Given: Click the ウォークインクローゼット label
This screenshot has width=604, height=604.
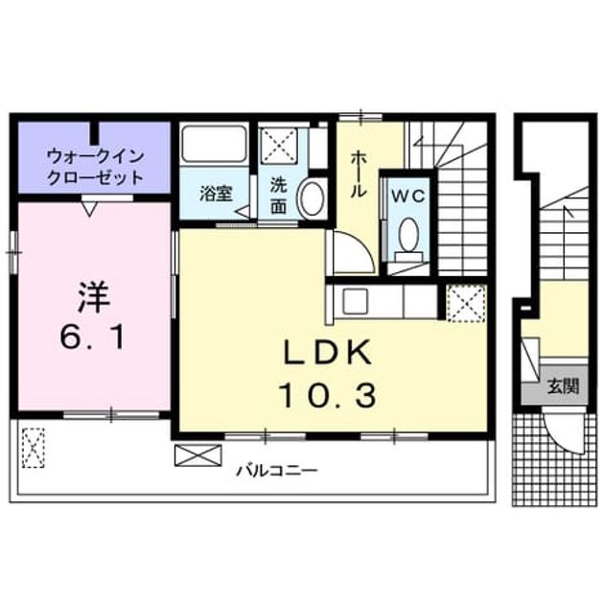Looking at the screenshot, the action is click(95, 167).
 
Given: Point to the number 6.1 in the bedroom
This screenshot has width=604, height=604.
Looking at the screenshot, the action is click(93, 337).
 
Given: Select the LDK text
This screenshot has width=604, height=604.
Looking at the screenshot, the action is click(328, 352).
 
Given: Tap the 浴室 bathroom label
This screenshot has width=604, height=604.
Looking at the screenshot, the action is click(216, 194).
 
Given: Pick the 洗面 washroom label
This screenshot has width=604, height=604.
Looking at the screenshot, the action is click(278, 196).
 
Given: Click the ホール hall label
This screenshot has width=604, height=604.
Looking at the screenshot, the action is click(359, 174).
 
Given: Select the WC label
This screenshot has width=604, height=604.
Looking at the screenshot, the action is click(407, 196).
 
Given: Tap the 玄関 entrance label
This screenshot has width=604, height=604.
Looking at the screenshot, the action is click(564, 386).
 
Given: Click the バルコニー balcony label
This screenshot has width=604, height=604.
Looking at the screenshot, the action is click(277, 471).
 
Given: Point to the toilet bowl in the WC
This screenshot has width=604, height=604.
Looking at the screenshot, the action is click(408, 233).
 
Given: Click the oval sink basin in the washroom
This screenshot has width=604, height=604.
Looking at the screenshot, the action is click(312, 199).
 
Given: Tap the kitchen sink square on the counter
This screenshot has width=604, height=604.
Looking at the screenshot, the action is click(356, 301).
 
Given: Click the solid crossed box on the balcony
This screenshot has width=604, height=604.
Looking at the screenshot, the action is click(198, 455).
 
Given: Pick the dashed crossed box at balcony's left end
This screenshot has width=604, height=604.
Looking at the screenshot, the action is click(34, 448).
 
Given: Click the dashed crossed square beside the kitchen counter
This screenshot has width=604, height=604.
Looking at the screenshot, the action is click(467, 302).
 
